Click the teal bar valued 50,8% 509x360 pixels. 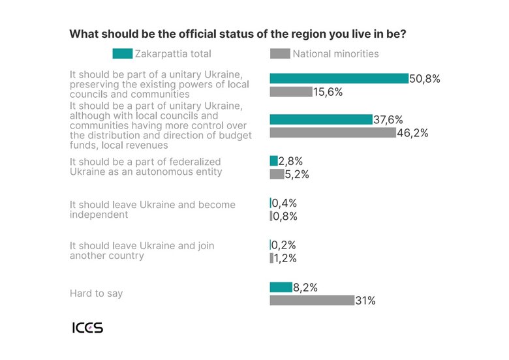point(339,79)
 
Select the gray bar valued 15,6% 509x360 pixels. point(291,92)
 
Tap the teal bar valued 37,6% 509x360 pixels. point(321,119)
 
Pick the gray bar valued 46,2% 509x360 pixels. point(333,132)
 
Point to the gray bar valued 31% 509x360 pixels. point(312,300)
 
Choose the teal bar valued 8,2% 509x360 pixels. point(281,287)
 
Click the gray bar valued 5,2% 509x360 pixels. point(277,174)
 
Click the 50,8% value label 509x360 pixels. point(425,79)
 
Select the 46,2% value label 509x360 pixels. point(412,132)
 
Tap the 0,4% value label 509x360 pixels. point(284,203)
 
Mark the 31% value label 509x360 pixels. point(365,301)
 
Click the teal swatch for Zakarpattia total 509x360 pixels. point(122,53)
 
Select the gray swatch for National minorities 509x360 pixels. point(280,53)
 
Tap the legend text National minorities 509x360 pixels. point(335,53)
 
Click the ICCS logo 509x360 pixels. point(87,327)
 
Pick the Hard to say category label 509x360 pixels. point(96,293)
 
